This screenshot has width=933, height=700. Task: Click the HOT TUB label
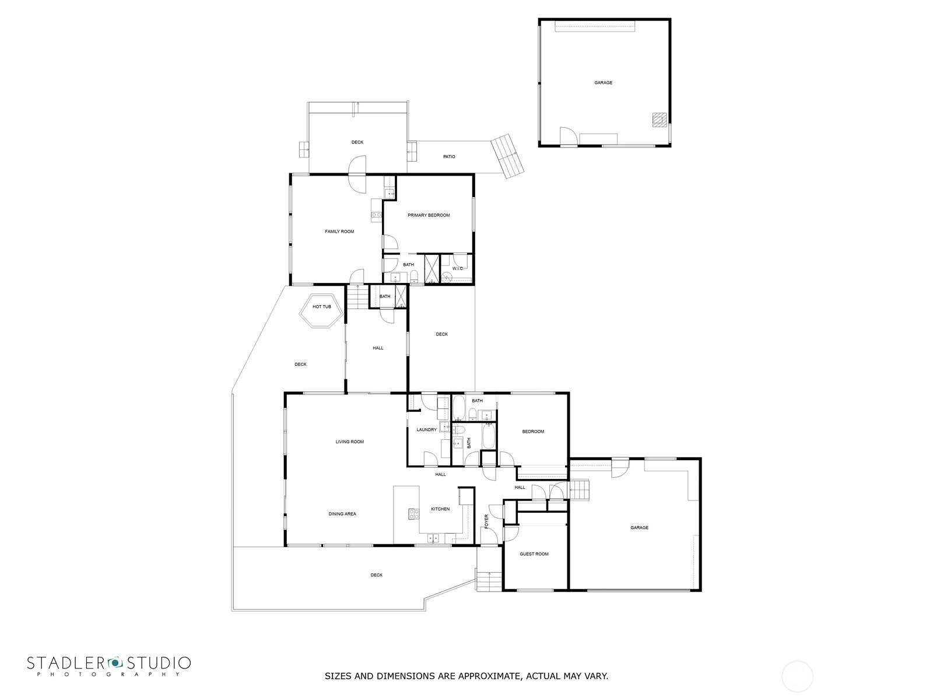[321, 306]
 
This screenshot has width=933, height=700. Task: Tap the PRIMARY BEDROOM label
[429, 215]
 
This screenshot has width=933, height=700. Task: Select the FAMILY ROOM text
[339, 232]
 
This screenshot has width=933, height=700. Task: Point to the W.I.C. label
[458, 268]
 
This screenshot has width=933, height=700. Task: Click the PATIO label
[449, 157]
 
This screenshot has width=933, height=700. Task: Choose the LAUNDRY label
[426, 430]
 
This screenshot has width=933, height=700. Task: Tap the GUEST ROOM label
[534, 554]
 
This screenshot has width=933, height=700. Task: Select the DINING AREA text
[342, 514]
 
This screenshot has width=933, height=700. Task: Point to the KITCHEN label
[440, 509]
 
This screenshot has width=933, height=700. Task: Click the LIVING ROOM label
[349, 442]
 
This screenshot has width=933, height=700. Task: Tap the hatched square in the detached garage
[660, 120]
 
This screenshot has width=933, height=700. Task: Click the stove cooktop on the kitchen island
[413, 514]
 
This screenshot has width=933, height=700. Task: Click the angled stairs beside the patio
[507, 156]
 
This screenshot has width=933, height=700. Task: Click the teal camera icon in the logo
[115, 663]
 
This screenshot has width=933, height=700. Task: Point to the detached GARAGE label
[603, 82]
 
